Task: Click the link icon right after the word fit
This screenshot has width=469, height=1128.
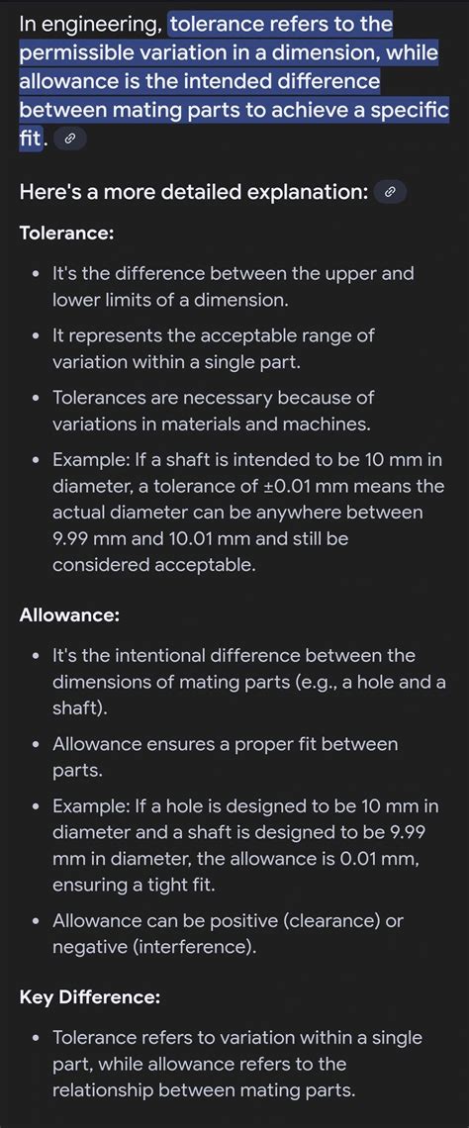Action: (x=70, y=140)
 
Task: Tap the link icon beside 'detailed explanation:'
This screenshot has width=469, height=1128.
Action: (x=390, y=193)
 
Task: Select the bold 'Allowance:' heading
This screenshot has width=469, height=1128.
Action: (x=69, y=614)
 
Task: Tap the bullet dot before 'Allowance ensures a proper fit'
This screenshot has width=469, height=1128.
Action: (x=36, y=745)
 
